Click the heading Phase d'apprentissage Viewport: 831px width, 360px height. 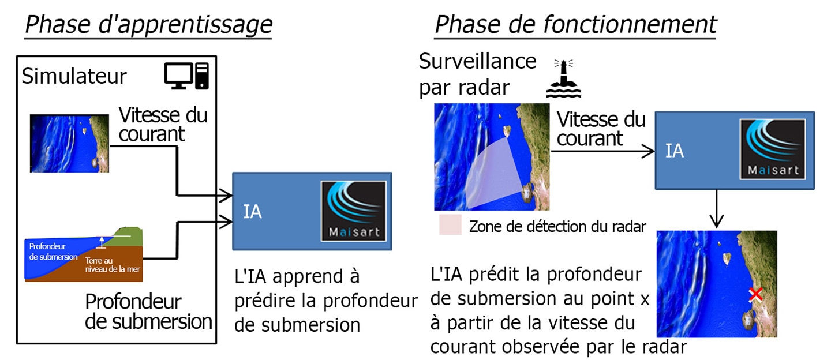[x=148, y=25]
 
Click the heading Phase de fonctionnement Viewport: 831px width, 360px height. [x=575, y=25]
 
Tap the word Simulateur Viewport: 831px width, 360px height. [x=74, y=76]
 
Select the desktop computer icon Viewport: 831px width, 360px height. [x=186, y=76]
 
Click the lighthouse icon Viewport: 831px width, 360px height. [x=563, y=78]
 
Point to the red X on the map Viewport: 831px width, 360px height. [x=755, y=295]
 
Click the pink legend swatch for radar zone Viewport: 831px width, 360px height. [x=450, y=224]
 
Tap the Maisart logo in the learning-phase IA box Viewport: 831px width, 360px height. [x=354, y=211]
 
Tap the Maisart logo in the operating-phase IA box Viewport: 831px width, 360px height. [x=773, y=149]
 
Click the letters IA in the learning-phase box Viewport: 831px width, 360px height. [x=252, y=212]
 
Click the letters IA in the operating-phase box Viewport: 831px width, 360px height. [x=675, y=151]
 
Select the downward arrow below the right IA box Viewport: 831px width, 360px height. [x=716, y=209]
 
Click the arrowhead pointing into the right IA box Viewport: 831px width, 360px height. [x=648, y=151]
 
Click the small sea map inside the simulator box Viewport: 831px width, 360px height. [x=69, y=144]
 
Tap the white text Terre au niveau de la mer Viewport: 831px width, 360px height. [x=113, y=265]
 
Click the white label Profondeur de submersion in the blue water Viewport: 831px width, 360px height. [x=53, y=252]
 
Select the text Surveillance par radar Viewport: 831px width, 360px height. [x=478, y=74]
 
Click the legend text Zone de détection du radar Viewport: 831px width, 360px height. [x=557, y=227]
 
